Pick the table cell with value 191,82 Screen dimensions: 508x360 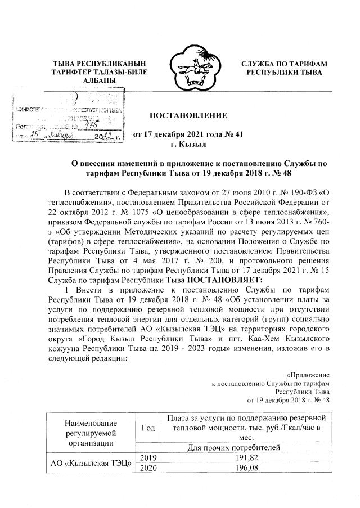(244, 458)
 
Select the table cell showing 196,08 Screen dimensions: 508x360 (244, 468)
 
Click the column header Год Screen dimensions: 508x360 (149, 429)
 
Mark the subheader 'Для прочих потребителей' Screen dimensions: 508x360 (244, 448)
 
